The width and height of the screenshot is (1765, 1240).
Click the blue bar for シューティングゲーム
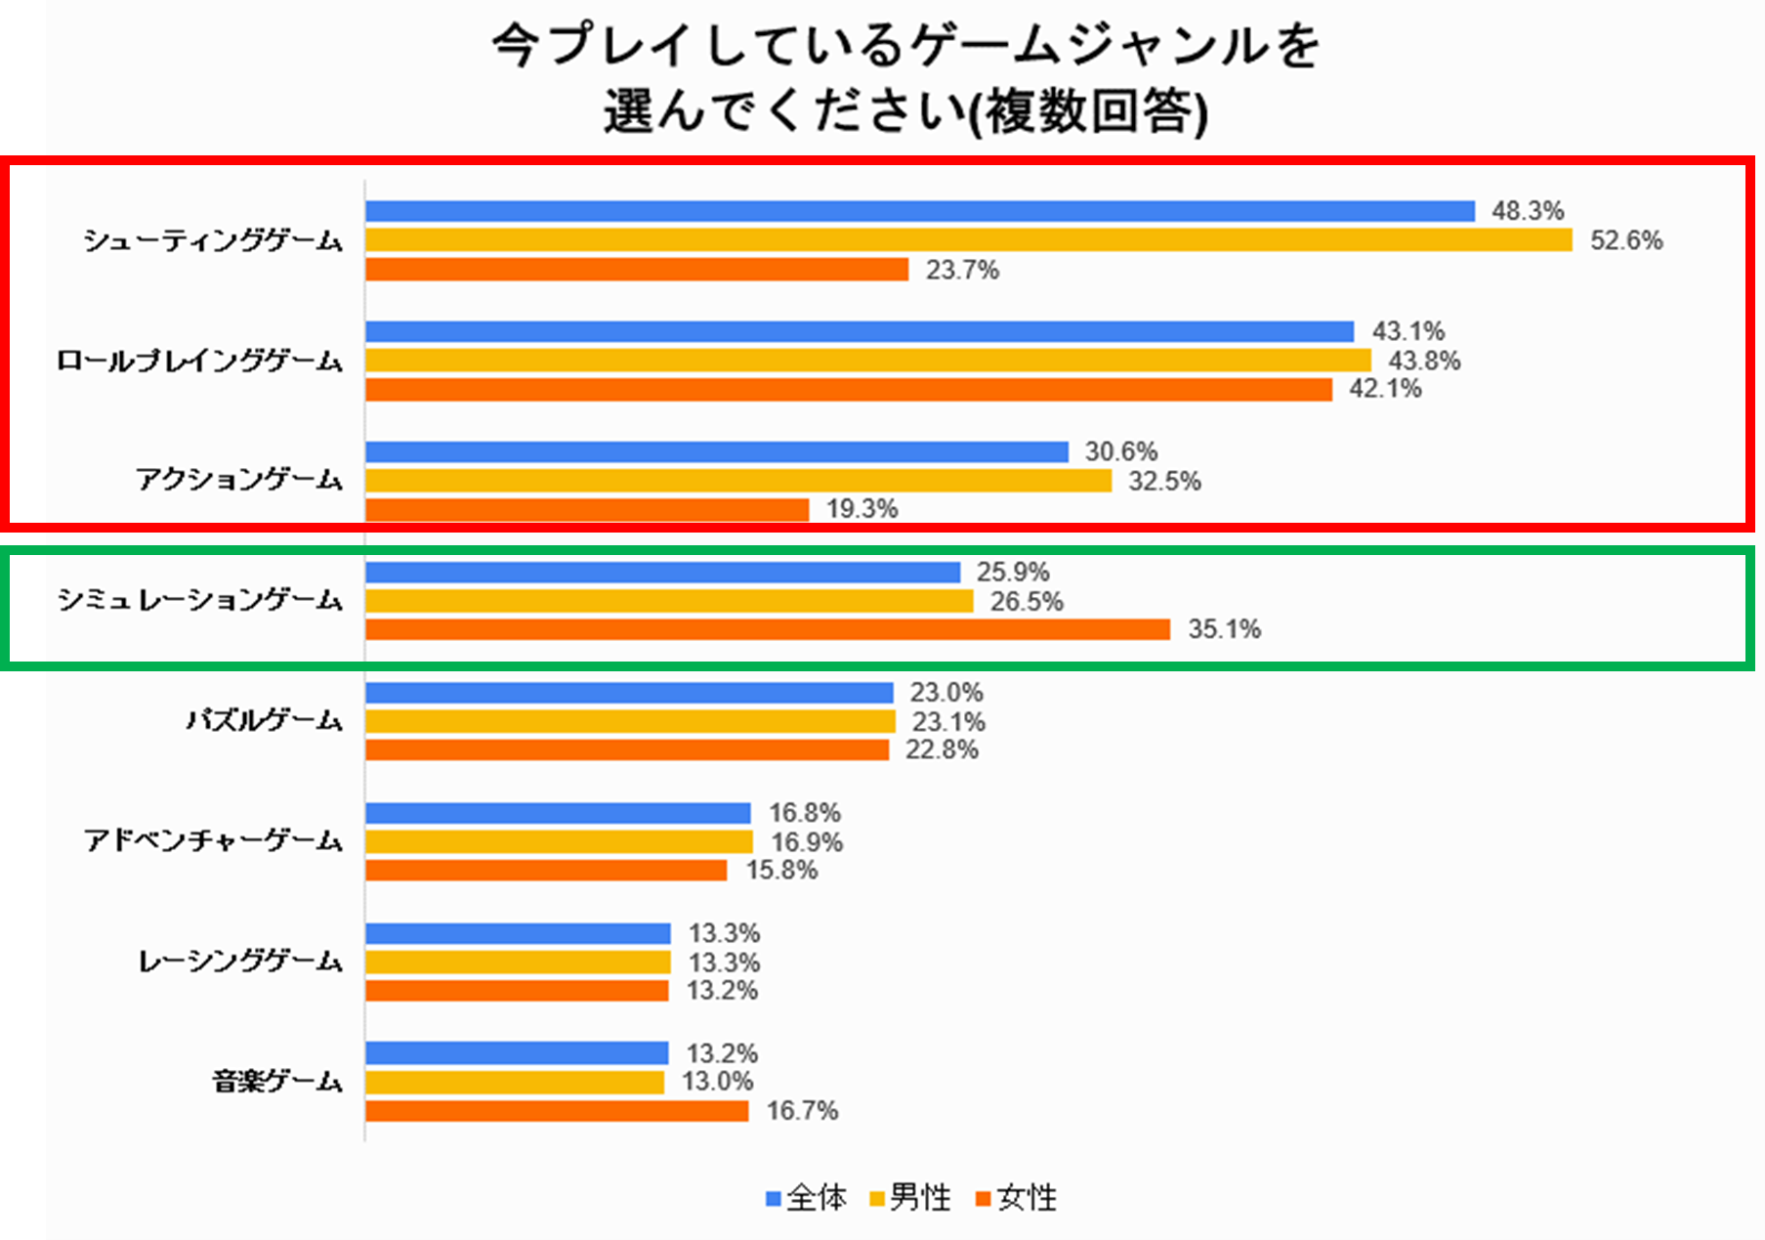(x=919, y=211)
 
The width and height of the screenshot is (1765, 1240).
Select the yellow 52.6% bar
(x=968, y=240)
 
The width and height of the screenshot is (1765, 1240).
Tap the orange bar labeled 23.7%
(x=637, y=270)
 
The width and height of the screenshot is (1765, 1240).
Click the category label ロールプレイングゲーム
(x=200, y=361)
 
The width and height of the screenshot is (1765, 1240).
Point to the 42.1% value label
(x=1385, y=389)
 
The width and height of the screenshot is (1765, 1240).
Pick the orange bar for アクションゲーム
(x=587, y=509)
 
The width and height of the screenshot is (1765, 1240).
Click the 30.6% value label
(x=1120, y=451)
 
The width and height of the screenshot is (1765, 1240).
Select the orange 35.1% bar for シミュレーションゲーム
(x=768, y=629)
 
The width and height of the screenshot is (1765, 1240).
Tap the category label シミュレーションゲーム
(x=200, y=599)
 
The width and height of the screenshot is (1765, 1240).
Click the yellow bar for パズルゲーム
(x=630, y=722)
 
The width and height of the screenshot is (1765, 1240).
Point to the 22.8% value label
(x=942, y=749)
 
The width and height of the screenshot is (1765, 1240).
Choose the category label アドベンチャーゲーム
(x=213, y=840)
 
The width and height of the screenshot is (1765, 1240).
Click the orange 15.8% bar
(x=546, y=870)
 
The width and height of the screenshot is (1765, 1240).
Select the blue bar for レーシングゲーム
(x=518, y=933)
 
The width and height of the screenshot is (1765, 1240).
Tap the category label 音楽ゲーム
(x=277, y=1082)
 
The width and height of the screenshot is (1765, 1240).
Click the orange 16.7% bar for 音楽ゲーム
(x=557, y=1111)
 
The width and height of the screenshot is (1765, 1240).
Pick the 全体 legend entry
(x=807, y=1198)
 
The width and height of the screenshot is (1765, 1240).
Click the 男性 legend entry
(x=910, y=1198)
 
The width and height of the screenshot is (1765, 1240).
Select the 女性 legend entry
(x=1017, y=1198)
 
